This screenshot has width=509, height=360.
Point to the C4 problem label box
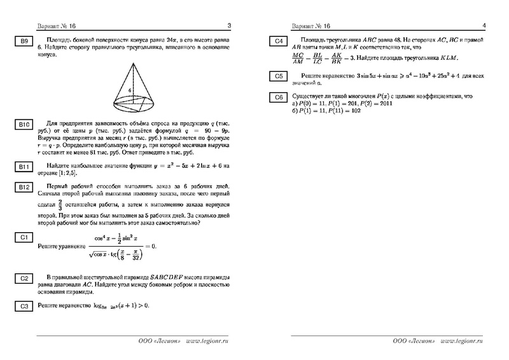click(279, 42)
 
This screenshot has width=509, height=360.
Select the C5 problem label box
click(279, 77)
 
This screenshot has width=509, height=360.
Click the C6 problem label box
click(279, 97)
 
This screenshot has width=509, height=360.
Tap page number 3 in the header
click(229, 26)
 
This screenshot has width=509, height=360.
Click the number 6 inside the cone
click(129, 91)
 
